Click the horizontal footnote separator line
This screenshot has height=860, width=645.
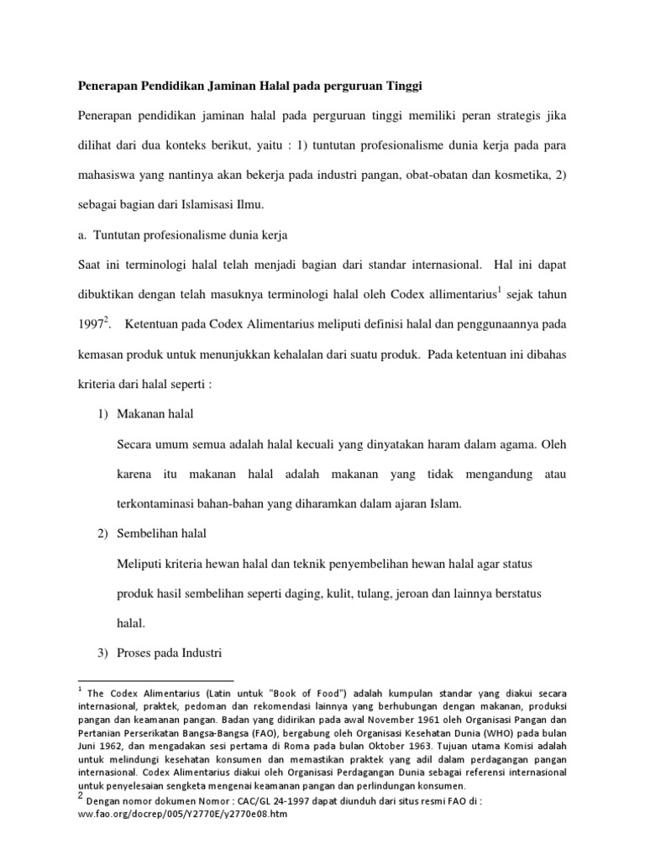155,680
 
